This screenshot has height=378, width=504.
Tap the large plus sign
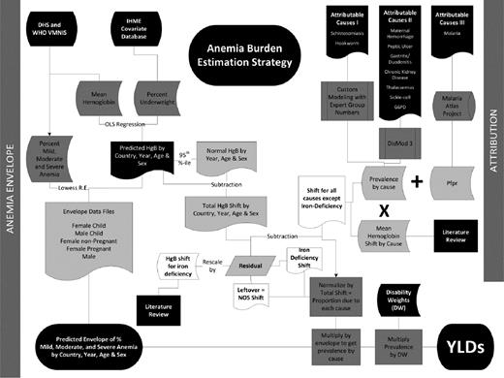(x=418, y=181)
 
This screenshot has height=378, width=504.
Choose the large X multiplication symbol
(x=382, y=208)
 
